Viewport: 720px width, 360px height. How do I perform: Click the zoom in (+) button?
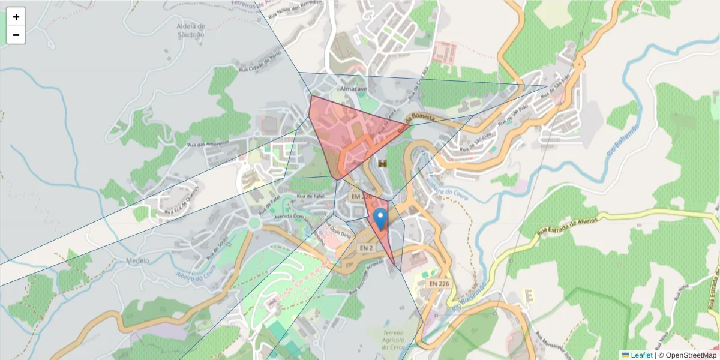(16, 17)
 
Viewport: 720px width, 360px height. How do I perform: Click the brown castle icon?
(382, 163)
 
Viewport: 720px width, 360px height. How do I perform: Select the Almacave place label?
(353, 89)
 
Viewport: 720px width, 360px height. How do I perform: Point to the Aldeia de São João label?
(191, 30)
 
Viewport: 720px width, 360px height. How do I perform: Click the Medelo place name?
(137, 261)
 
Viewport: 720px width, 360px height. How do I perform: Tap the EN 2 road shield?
(367, 247)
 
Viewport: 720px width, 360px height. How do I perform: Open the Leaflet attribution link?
(641, 355)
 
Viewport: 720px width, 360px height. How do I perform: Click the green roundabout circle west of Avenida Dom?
(254, 223)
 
